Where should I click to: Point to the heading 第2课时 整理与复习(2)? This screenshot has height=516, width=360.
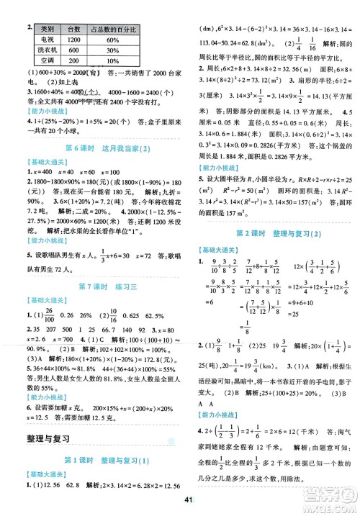click(x=269, y=234)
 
